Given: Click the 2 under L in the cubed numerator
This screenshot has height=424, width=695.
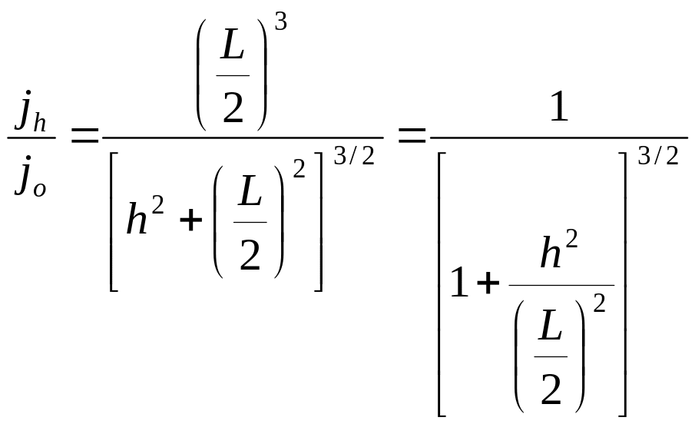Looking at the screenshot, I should pyautogui.click(x=233, y=108).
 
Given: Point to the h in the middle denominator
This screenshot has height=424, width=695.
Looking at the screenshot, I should pyautogui.click(x=138, y=221).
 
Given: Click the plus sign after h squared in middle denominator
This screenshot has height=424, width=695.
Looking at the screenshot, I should pyautogui.click(x=192, y=222).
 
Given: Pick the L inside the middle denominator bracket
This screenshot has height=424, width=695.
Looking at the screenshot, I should pyautogui.click(x=250, y=197).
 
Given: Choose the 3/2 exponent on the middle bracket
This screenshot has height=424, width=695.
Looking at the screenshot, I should pyautogui.click(x=354, y=157).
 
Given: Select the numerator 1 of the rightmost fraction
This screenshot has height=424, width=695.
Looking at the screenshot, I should pyautogui.click(x=560, y=110).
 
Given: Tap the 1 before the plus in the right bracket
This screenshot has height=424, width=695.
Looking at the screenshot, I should pyautogui.click(x=458, y=285).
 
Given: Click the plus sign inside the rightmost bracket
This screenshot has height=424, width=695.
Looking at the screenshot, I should pyautogui.click(x=487, y=286).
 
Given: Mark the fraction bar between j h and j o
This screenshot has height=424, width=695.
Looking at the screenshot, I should pyautogui.click(x=31, y=138).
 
